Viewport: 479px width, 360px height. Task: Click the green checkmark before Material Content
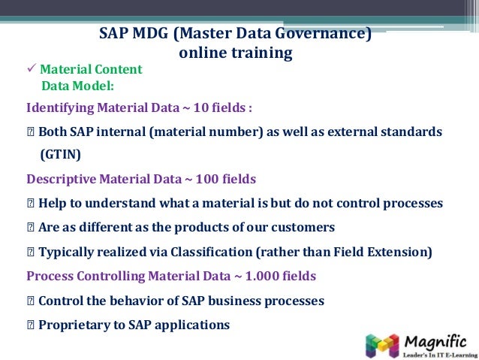coord(31,69)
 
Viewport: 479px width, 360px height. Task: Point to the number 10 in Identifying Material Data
coord(200,107)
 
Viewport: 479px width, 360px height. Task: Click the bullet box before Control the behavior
coord(30,301)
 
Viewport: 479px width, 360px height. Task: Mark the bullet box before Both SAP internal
coord(30,132)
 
